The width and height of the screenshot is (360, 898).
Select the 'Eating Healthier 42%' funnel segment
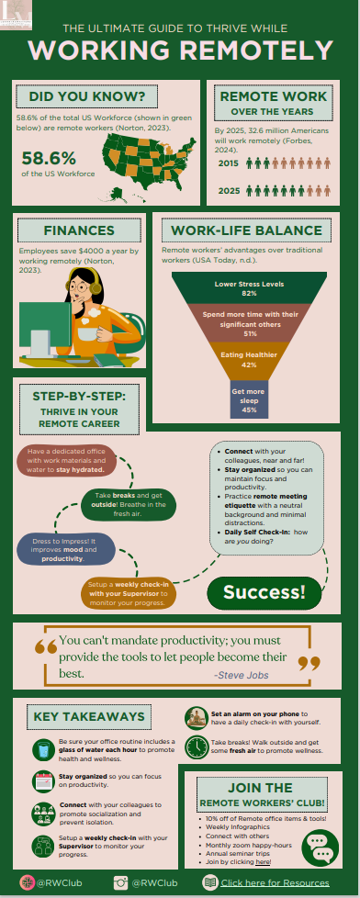248,360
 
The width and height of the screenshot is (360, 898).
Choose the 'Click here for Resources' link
280,883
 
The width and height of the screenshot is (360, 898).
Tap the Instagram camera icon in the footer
120,883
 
